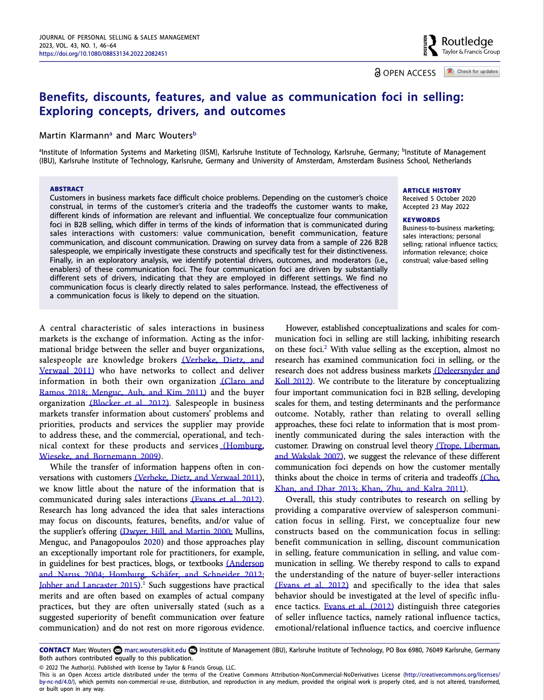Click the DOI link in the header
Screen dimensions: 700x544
coord(103,54)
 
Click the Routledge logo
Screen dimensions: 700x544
coord(461,45)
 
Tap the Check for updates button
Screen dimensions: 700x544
coord(472,72)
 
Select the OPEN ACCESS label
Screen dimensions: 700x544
coord(405,73)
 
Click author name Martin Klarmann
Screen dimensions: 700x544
coord(74,135)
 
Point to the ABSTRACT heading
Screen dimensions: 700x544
coord(66,189)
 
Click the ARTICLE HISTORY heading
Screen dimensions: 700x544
coord(432,190)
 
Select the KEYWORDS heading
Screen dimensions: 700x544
coord(421,220)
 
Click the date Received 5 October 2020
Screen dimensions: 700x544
coord(439,199)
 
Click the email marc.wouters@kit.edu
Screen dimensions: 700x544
coord(155,650)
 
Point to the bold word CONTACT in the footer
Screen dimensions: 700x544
coord(55,650)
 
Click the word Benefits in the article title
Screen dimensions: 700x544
coord(62,97)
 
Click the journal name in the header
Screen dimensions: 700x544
coord(119,38)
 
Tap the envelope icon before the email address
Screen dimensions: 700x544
coord(118,650)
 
